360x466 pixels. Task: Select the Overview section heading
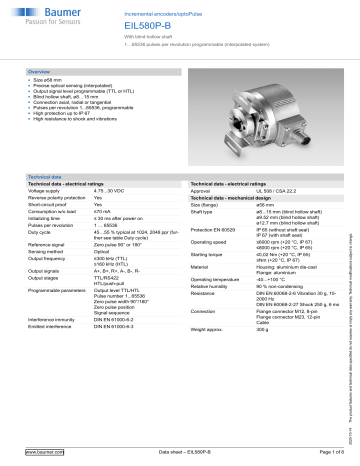41,73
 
